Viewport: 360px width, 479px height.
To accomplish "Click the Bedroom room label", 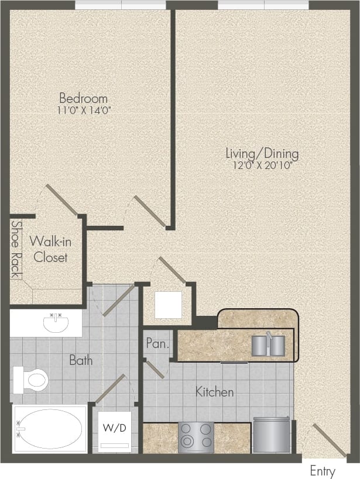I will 83,98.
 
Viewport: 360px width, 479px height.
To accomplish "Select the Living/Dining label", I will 262,154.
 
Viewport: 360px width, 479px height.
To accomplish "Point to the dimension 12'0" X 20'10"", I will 262,165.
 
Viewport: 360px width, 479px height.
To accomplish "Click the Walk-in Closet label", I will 49,249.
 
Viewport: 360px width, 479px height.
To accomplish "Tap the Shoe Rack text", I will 16,249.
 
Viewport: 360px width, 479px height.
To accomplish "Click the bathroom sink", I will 56,322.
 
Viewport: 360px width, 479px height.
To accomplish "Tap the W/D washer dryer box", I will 115,432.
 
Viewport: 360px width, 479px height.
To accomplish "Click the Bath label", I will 81,360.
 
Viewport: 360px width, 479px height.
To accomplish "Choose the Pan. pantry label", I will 157,344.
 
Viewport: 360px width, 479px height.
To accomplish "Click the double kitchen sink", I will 268,344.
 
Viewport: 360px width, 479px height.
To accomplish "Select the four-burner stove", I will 196,436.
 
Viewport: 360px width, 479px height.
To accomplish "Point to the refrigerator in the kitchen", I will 271,435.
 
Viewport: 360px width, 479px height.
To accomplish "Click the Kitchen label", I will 215,392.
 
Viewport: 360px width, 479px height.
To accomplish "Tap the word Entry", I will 322,471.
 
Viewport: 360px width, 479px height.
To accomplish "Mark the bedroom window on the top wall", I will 121,5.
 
